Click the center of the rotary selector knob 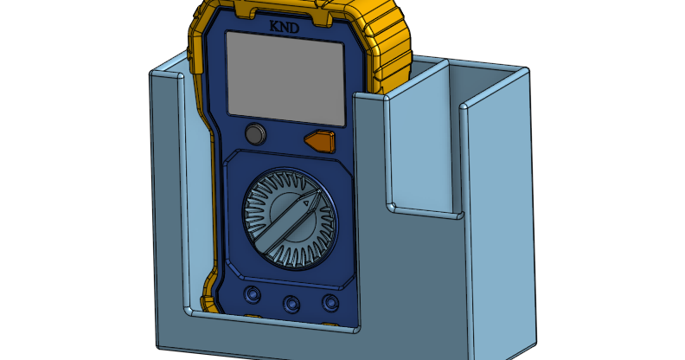[x=286, y=217]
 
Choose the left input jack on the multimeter [x=253, y=295]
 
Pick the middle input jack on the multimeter [x=291, y=303]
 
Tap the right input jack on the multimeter [x=330, y=302]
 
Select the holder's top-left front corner [x=154, y=76]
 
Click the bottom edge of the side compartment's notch [x=424, y=210]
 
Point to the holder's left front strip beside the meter [x=169, y=199]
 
